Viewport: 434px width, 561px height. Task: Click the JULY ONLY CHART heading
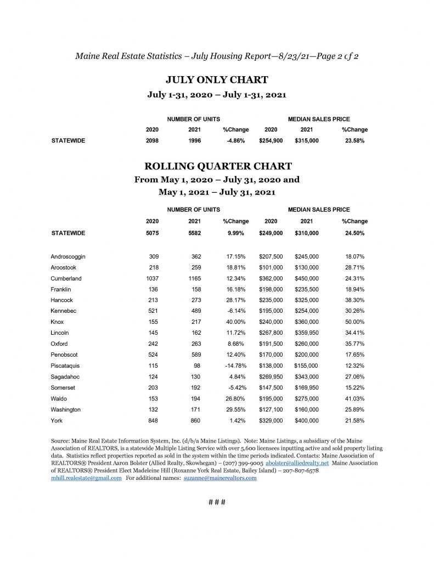click(x=217, y=79)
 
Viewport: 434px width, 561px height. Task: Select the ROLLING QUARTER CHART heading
click(x=217, y=166)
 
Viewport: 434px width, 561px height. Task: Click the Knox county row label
click(x=57, y=322)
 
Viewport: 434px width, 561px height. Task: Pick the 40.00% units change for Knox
click(x=235, y=322)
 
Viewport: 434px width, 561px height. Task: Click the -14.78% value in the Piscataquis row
click(x=234, y=366)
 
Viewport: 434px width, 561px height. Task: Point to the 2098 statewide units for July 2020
click(x=152, y=141)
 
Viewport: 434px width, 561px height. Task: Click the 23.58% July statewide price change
click(x=354, y=141)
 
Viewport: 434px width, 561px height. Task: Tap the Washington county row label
click(x=65, y=410)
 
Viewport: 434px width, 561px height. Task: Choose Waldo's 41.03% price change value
click(x=354, y=399)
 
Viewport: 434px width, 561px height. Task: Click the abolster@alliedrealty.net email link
click(x=297, y=463)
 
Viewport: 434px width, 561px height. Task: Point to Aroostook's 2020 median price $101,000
click(x=271, y=267)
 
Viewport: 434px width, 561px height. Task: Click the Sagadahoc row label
click(x=67, y=377)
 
